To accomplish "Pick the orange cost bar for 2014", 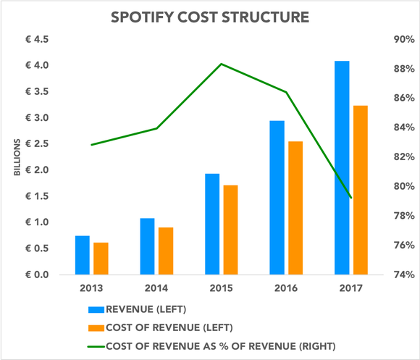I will pyautogui.click(x=165, y=251).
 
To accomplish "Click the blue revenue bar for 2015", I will pyautogui.click(x=211, y=224).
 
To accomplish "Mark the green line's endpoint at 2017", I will pyautogui.click(x=350, y=197).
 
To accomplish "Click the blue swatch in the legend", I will pyautogui.click(x=96, y=309).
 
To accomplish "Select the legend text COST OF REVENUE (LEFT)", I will pyautogui.click(x=172, y=327).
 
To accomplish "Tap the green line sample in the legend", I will pyautogui.click(x=96, y=345).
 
